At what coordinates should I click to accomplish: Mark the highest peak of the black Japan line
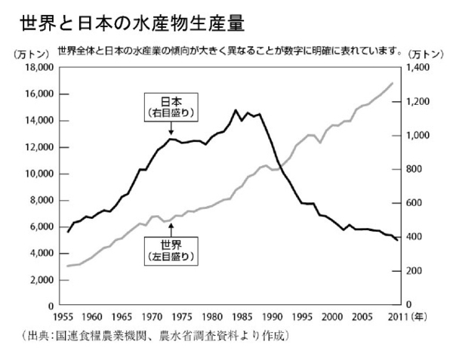tap(236, 110)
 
